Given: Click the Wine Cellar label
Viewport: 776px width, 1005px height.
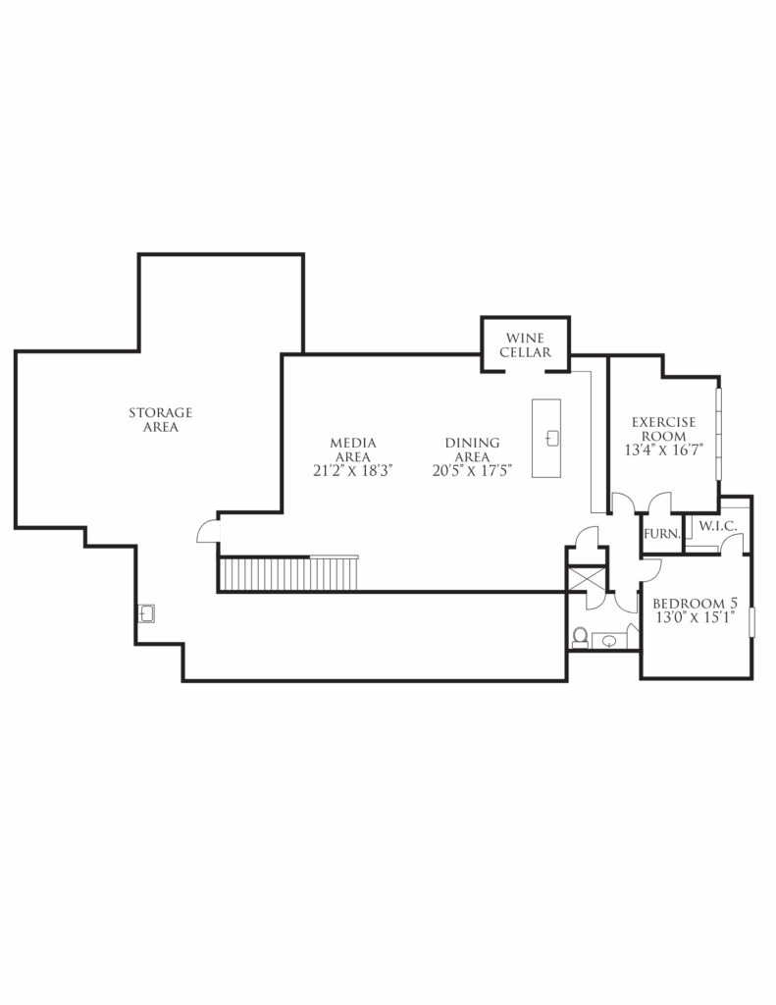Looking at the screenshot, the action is click(526, 344).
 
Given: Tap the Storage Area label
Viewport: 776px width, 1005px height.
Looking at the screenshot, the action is click(160, 420).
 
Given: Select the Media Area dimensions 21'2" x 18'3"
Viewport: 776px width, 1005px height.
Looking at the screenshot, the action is click(352, 470).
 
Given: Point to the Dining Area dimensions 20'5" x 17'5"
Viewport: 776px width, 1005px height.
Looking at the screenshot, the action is click(472, 470).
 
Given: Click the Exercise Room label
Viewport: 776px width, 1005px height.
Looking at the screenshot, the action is click(664, 429).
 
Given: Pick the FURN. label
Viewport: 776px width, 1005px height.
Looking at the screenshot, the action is click(662, 533).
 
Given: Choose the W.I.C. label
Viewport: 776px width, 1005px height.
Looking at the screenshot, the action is click(718, 526).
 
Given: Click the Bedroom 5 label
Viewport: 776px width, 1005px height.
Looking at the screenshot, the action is click(696, 604).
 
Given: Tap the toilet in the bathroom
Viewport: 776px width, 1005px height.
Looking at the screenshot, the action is click(580, 637).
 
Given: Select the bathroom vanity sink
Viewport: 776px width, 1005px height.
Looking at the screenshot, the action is click(609, 641).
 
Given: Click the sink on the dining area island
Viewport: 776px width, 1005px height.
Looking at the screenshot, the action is click(552, 439).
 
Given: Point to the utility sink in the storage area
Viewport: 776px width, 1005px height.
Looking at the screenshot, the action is click(146, 613).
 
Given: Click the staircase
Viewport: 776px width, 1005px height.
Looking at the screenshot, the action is click(288, 573).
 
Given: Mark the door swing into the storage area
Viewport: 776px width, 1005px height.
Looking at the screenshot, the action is click(208, 531).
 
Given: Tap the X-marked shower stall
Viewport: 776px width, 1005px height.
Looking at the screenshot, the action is click(587, 579).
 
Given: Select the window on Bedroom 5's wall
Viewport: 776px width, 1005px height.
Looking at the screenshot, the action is click(752, 621).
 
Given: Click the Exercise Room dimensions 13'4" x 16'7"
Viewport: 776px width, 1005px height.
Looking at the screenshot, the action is click(664, 450).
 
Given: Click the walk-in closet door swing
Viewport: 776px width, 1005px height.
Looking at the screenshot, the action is click(731, 543).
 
